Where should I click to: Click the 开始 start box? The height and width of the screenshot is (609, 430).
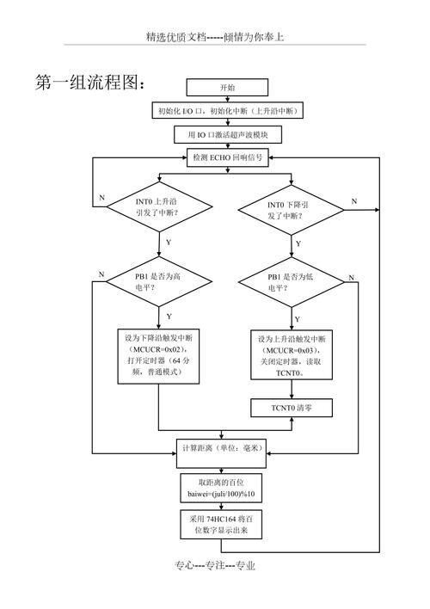[x=227, y=88]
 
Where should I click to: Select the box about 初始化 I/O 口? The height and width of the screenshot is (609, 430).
[x=227, y=111]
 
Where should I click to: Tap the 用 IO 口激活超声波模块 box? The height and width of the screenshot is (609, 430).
[x=228, y=135]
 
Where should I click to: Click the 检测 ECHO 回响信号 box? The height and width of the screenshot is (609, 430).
[x=228, y=157]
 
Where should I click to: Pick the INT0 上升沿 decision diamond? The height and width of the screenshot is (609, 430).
[x=159, y=207]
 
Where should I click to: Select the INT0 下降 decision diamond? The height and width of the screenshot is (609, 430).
[x=291, y=210]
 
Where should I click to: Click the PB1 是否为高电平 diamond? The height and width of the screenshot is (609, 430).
[x=159, y=281]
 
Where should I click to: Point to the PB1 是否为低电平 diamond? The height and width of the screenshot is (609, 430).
[x=292, y=282]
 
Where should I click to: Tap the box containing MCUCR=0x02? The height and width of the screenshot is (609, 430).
[x=158, y=357]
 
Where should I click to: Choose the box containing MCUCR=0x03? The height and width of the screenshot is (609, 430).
[x=292, y=354]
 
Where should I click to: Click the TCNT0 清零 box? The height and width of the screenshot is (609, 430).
[x=292, y=408]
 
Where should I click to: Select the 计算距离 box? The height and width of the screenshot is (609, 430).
[x=221, y=453]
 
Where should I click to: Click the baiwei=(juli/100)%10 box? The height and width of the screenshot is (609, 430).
[x=221, y=489]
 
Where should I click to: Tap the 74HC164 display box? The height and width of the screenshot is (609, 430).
[x=221, y=525]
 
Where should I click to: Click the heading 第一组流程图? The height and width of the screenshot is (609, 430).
[x=90, y=82]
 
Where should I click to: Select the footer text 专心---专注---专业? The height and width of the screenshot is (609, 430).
[x=215, y=565]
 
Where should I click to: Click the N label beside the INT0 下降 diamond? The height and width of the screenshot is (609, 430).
[x=353, y=201]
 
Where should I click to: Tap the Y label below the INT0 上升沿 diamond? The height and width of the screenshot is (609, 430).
[x=169, y=243]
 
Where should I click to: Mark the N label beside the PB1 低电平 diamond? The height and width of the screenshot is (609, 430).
[x=351, y=278]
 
